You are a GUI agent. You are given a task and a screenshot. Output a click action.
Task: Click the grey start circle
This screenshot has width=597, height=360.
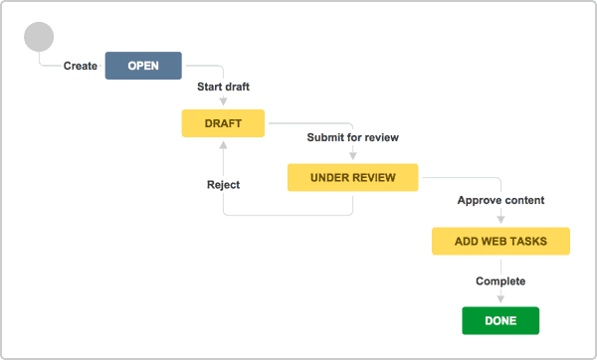[x=39, y=37]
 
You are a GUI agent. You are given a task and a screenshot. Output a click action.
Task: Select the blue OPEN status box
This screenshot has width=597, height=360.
[x=143, y=66]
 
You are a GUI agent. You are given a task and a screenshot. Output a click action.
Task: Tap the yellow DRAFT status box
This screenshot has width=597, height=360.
[x=223, y=123]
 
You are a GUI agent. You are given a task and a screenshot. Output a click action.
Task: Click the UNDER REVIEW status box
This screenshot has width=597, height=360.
[x=353, y=178]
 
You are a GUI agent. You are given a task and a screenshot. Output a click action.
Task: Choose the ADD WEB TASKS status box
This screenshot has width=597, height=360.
[x=500, y=242]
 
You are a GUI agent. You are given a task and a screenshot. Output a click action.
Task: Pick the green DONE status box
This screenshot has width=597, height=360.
[x=500, y=321]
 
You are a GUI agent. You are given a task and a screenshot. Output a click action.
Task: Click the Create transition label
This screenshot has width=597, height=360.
[x=81, y=67]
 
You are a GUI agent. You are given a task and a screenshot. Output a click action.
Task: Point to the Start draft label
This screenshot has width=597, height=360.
[x=223, y=87]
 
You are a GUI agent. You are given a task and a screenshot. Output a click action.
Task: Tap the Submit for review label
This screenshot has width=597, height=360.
[x=353, y=137]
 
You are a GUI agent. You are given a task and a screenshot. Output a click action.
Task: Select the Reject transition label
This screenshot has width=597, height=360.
[x=223, y=184]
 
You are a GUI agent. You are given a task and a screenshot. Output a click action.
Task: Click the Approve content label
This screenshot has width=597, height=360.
[x=500, y=200]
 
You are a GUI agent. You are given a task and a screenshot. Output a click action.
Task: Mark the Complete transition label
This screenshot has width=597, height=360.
[x=500, y=281]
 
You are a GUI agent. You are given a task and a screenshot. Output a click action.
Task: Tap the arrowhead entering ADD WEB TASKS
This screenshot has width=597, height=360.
[x=500, y=222]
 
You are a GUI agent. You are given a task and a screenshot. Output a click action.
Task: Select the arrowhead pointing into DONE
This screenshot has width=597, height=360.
[x=500, y=300]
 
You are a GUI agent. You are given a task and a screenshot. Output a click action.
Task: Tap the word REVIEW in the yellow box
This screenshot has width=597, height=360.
[x=373, y=178]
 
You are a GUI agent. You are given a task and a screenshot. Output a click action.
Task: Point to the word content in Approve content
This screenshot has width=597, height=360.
[x=523, y=200]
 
